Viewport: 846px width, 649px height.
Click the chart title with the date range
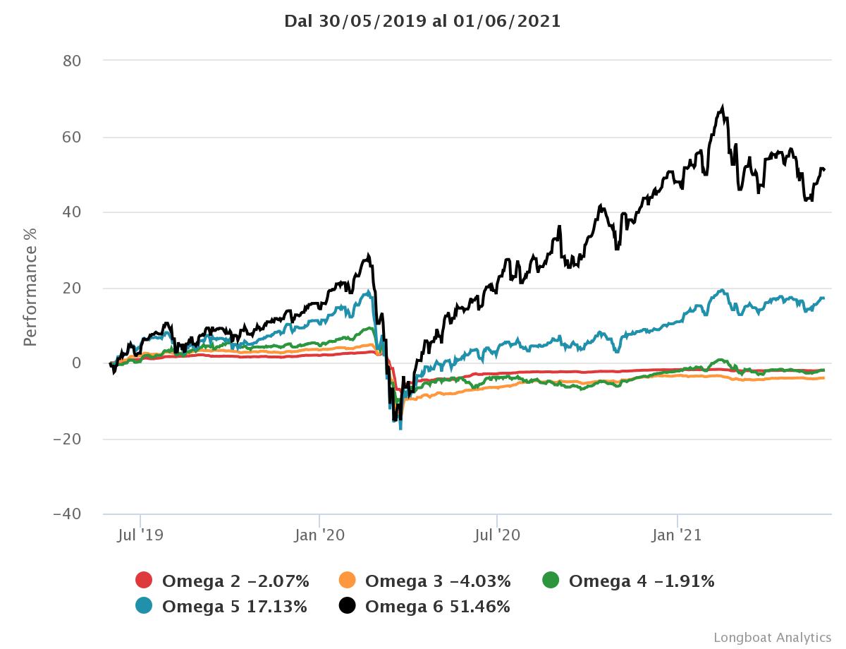422,21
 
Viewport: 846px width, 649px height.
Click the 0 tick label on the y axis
77,363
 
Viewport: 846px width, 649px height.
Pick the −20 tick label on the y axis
68,439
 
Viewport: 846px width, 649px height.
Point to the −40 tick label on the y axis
68,514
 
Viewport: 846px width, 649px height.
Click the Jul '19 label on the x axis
140,535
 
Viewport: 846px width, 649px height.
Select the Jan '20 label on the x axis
320,535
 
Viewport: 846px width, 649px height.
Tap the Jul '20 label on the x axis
497,535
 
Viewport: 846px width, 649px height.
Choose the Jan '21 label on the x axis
677,535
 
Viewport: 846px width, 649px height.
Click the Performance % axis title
30,287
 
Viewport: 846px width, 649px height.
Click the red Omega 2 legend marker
144,581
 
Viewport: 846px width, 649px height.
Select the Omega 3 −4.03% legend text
438,581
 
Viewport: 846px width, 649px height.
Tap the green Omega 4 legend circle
551,581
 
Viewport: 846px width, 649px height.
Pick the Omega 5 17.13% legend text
234,606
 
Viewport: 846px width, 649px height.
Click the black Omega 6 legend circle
348,606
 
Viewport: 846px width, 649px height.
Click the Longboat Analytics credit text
772,638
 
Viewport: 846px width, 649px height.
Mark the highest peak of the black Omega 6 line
722,107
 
